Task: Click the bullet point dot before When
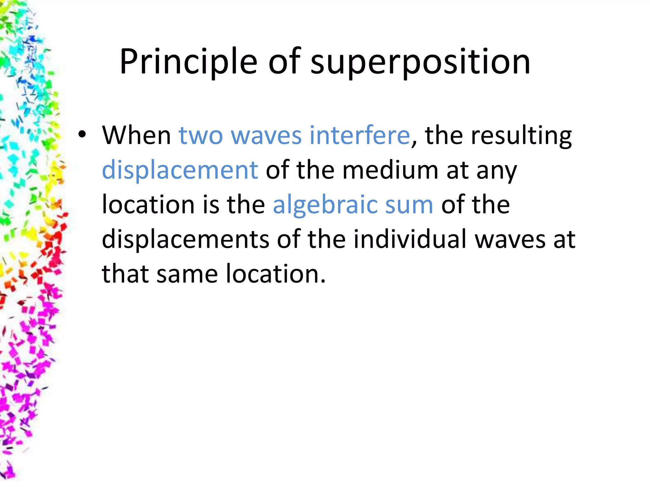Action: click(x=82, y=135)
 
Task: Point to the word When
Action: click(x=136, y=135)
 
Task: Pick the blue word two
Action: click(x=201, y=135)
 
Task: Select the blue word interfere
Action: click(x=360, y=135)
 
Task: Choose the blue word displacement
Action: click(x=180, y=171)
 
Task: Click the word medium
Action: click(x=390, y=171)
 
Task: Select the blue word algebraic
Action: click(x=325, y=205)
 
